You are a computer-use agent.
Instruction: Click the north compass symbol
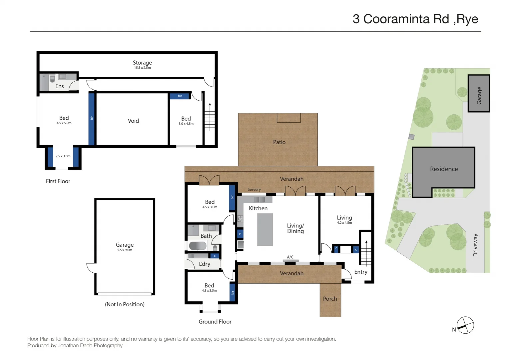(465, 325)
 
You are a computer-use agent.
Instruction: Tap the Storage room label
(142, 63)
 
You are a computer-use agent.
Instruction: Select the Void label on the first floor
(133, 121)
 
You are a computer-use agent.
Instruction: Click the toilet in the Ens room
(52, 79)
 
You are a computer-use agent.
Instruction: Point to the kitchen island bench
(265, 230)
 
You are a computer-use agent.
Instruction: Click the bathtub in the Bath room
(198, 246)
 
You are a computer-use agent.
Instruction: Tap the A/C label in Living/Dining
(290, 257)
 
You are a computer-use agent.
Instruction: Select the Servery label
(254, 189)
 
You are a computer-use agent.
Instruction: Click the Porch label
(330, 299)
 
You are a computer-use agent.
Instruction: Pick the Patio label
(279, 142)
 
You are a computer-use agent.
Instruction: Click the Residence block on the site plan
(444, 169)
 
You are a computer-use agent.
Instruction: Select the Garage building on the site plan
(479, 94)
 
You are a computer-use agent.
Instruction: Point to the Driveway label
(475, 245)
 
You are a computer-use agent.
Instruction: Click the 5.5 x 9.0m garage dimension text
(125, 250)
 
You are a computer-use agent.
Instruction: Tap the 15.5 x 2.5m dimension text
(142, 68)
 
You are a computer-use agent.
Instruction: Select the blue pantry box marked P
(240, 234)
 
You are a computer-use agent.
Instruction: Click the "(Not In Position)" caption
(125, 304)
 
